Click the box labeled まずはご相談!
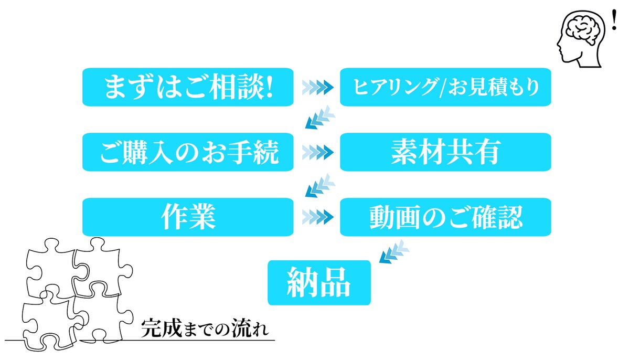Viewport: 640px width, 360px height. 188,87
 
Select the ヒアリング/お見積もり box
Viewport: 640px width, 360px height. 445,87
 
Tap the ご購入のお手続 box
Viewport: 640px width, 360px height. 188,152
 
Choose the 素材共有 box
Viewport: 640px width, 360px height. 445,152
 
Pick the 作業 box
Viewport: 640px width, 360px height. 188,217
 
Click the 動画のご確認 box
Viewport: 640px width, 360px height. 445,217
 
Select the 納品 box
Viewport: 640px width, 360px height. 319,282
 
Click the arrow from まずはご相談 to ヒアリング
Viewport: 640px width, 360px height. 318,87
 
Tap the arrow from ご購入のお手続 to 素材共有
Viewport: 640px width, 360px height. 318,152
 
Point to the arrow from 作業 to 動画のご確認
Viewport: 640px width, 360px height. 318,217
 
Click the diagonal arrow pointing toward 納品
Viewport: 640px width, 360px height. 394,251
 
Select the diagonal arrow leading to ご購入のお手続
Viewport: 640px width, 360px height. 320,118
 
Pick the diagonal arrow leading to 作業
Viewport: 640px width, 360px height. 320,185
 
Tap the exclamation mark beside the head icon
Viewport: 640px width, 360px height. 614,20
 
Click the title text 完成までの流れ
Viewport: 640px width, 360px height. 205,328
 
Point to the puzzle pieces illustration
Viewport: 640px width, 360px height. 78,294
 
